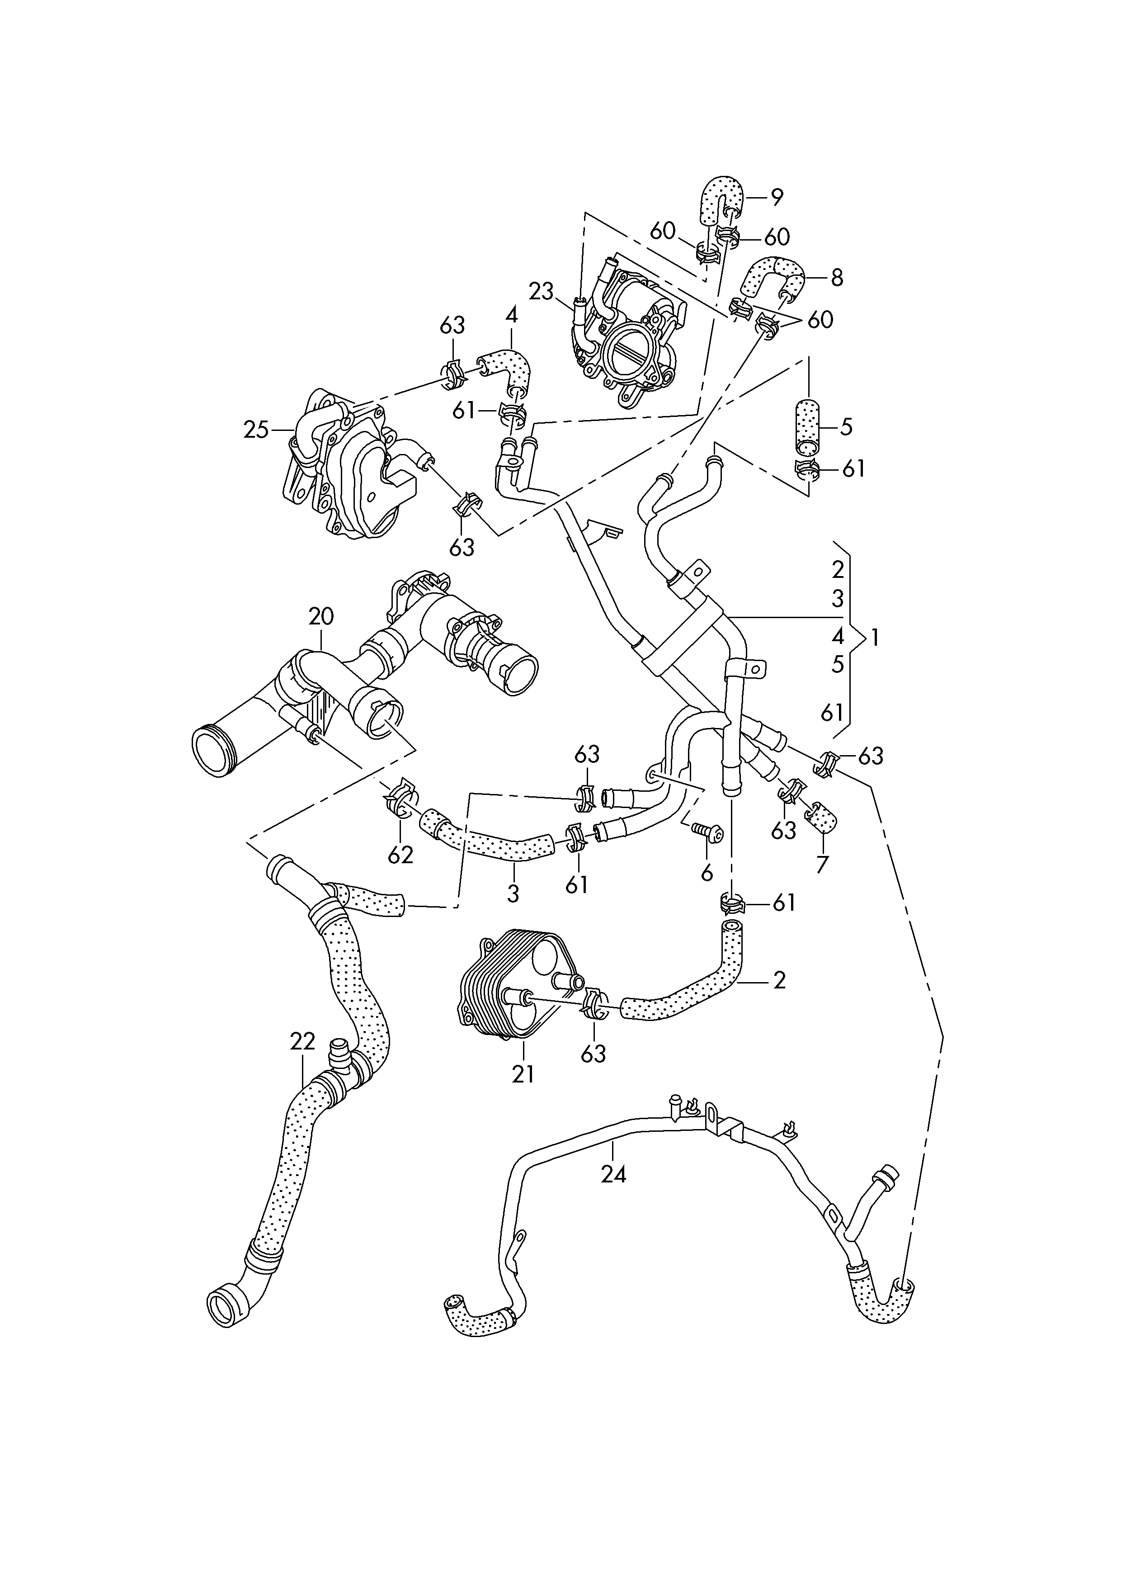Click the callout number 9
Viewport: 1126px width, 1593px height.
777,198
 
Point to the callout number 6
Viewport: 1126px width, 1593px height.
707,873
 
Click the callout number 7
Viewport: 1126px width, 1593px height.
823,866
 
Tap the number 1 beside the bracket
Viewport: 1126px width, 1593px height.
876,637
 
